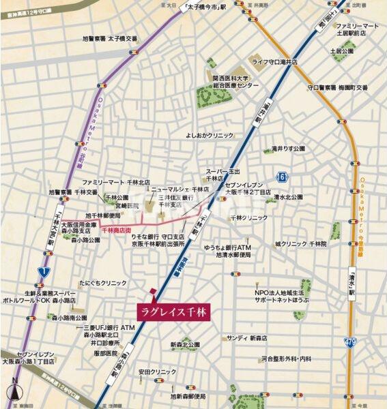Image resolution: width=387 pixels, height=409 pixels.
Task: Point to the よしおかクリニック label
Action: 210,135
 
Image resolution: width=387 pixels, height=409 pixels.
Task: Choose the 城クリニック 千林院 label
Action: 301,243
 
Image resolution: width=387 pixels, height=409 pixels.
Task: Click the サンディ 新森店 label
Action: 247,337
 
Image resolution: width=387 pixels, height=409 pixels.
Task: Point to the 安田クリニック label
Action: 158,372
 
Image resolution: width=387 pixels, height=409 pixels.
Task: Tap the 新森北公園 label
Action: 185,344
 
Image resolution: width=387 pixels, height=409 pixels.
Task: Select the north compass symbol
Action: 14,393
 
